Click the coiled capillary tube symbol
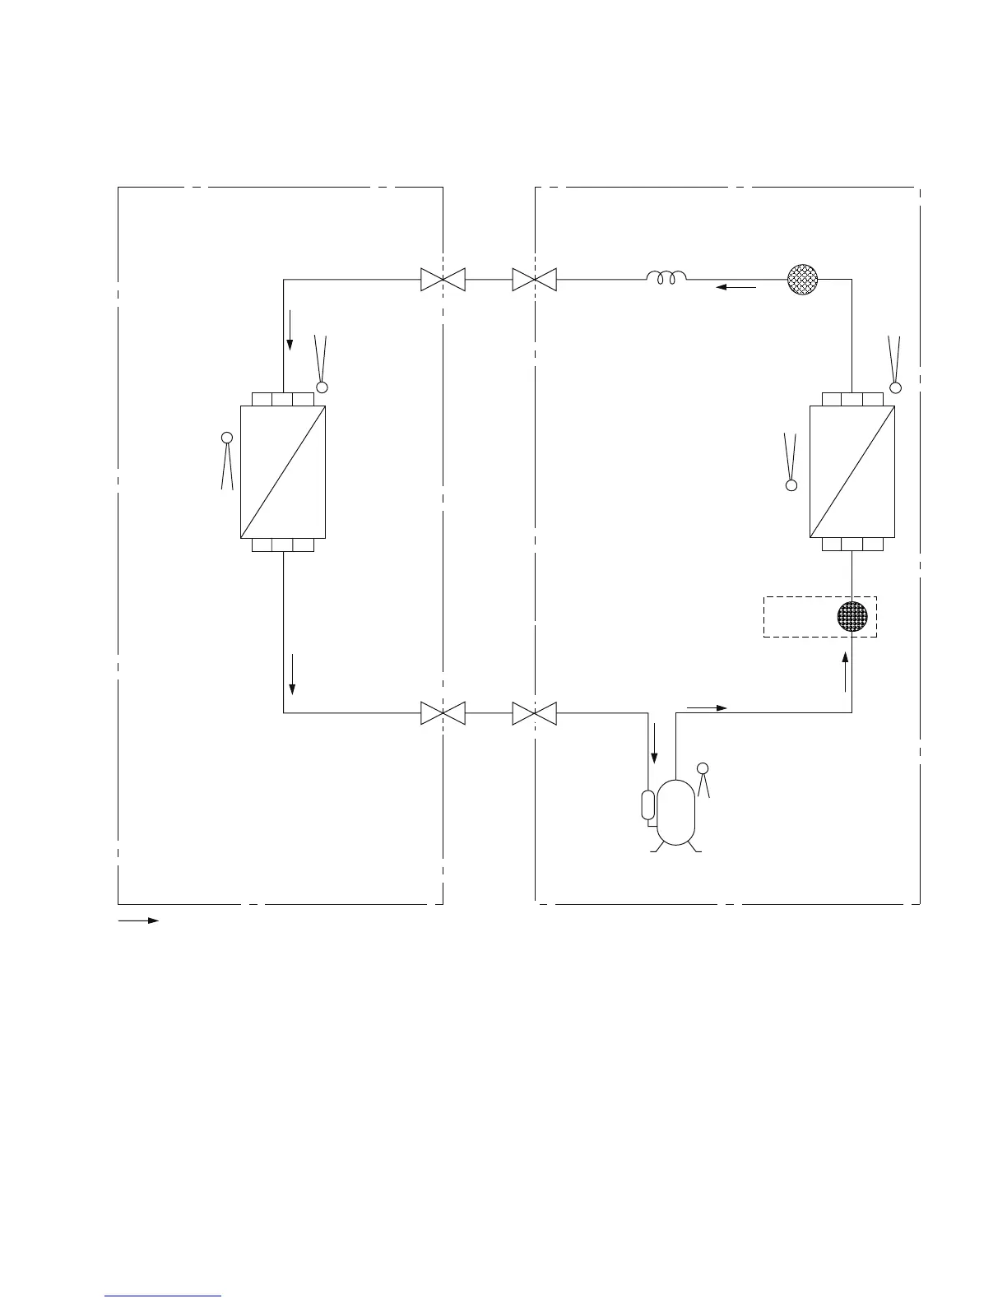tap(666, 279)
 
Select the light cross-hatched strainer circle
tap(802, 279)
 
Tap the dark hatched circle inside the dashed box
tap(852, 617)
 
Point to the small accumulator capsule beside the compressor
tap(648, 805)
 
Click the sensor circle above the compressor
tap(702, 768)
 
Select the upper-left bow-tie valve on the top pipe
tap(443, 279)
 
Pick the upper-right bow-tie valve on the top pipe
tap(534, 279)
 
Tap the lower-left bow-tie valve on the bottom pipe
tap(443, 712)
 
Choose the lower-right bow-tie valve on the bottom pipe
tap(534, 712)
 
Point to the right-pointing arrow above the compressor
tap(707, 707)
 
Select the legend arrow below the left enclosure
tap(138, 920)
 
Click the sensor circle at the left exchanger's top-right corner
tap(323, 387)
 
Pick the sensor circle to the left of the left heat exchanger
tap(226, 438)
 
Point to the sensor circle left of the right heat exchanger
tap(791, 485)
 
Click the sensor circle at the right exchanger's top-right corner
tap(895, 387)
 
